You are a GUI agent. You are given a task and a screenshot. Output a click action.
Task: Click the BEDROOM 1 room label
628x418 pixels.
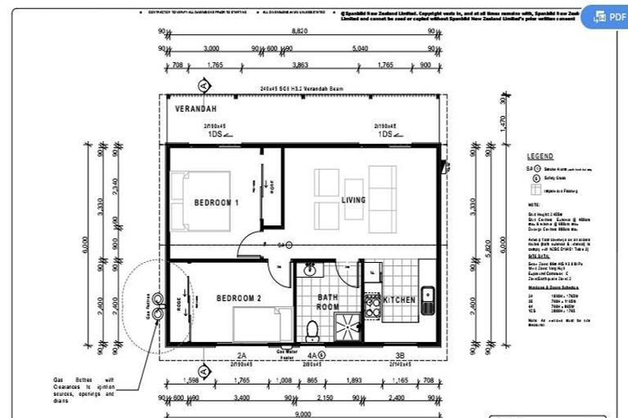pos(216,202)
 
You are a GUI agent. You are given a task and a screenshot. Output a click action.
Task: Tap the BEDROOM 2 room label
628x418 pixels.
pos(239,299)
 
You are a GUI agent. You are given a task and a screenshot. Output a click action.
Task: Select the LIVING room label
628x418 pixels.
pos(353,200)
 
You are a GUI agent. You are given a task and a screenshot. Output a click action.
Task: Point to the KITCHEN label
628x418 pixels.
pos(400,300)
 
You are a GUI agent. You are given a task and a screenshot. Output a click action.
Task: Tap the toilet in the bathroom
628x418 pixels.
pos(312,330)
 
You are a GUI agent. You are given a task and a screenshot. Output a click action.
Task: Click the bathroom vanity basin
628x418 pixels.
pos(310,269)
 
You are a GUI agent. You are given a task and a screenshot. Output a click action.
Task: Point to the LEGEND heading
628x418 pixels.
pos(540,156)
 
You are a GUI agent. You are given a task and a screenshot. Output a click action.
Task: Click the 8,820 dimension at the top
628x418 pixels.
pos(301,30)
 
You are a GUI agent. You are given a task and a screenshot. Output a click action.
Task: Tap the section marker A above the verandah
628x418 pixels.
pos(204,85)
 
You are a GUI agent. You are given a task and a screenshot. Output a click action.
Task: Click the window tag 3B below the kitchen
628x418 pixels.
pos(400,355)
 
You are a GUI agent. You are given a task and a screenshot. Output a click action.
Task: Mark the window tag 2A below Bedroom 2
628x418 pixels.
pos(241,355)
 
